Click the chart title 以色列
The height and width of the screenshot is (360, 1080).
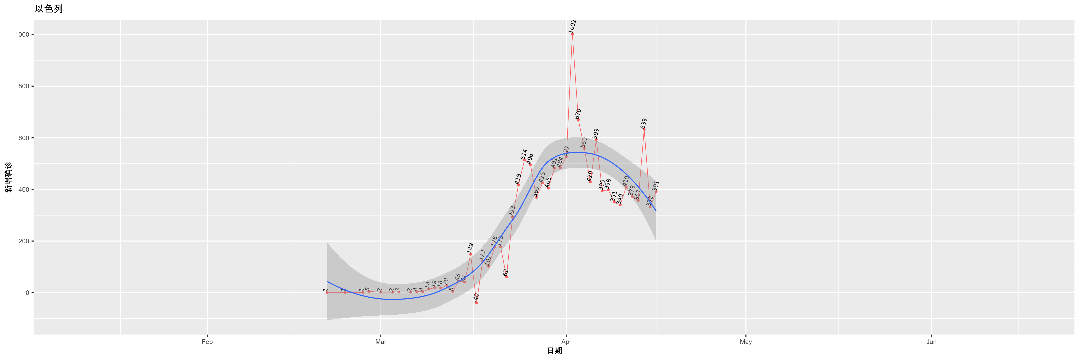point(49,9)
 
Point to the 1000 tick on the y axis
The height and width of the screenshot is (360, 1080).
point(22,35)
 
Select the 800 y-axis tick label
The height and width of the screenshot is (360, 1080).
point(24,86)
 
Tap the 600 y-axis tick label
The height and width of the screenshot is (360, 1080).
point(24,138)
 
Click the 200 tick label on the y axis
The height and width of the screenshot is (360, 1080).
point(24,241)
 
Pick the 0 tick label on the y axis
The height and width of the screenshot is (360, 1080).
point(27,293)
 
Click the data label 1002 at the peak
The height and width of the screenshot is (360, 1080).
point(572,26)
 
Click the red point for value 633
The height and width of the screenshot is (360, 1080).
point(644,130)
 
